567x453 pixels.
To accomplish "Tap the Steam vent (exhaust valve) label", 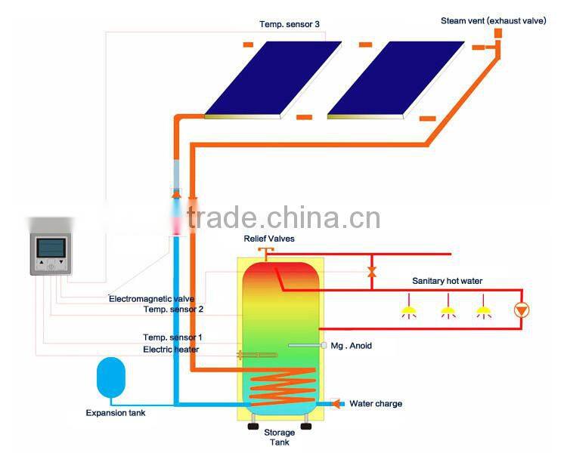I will (x=493, y=21).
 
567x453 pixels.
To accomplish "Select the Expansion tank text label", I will (x=115, y=413).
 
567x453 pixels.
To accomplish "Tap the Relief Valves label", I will (x=268, y=239).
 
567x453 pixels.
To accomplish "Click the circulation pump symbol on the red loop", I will (x=521, y=310).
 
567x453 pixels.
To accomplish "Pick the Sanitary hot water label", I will (x=447, y=281).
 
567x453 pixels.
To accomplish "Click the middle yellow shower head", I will (x=447, y=310).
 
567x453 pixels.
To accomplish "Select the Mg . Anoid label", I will (x=352, y=346).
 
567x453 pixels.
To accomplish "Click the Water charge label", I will (x=376, y=403).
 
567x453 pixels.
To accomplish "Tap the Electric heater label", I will (x=171, y=350).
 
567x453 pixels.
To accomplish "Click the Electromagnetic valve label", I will (x=151, y=299).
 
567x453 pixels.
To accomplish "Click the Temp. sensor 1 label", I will (x=172, y=337).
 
